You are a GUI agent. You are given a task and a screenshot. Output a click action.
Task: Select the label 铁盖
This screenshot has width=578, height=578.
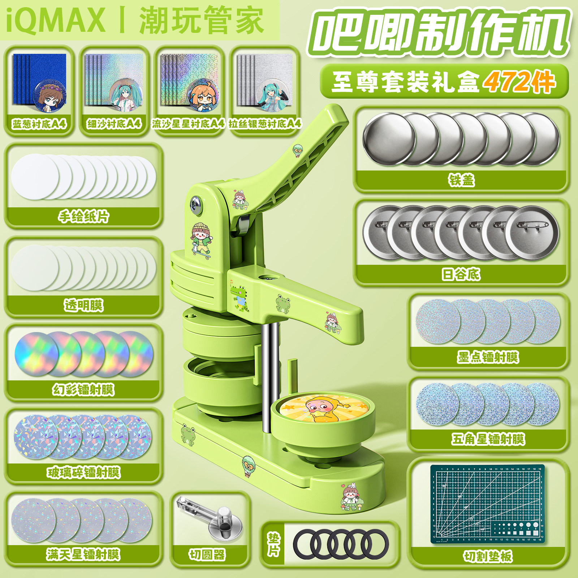pyautogui.click(x=461, y=180)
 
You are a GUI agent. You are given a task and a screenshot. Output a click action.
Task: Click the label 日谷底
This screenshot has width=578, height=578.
pyautogui.click(x=461, y=275)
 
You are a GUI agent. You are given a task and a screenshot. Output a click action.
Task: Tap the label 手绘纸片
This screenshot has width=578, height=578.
pyautogui.click(x=83, y=216)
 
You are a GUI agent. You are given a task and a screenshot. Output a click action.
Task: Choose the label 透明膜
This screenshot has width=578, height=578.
pyautogui.click(x=83, y=305)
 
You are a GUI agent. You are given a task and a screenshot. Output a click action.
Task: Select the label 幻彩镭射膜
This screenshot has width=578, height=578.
pyautogui.click(x=83, y=389)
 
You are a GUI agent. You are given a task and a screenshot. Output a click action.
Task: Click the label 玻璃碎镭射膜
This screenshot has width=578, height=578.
pyautogui.click(x=83, y=472)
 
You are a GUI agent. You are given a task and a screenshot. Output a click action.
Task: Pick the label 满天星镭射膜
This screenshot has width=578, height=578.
pyautogui.click(x=83, y=554)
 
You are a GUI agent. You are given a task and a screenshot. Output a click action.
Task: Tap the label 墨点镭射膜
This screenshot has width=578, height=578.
pyautogui.click(x=488, y=357)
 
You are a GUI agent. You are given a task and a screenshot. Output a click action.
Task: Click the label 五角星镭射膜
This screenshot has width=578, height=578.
pyautogui.click(x=488, y=439)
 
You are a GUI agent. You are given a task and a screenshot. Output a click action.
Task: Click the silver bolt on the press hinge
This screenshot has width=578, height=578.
pyautogui.click(x=197, y=204)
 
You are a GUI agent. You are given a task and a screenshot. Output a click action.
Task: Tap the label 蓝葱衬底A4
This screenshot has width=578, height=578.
pyautogui.click(x=39, y=124)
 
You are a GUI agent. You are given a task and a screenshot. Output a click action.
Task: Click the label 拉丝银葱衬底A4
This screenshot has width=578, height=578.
pyautogui.click(x=265, y=124)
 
